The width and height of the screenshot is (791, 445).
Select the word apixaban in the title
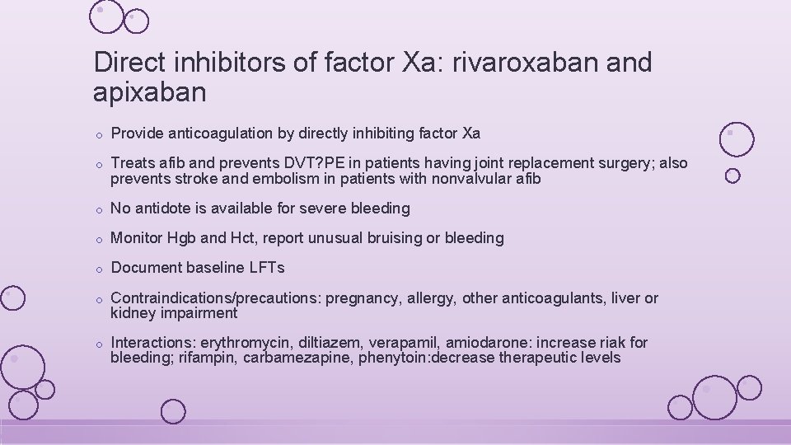pos(150,92)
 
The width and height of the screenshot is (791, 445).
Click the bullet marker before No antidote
pos(97,210)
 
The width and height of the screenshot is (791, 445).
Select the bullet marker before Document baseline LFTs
pos(97,269)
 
